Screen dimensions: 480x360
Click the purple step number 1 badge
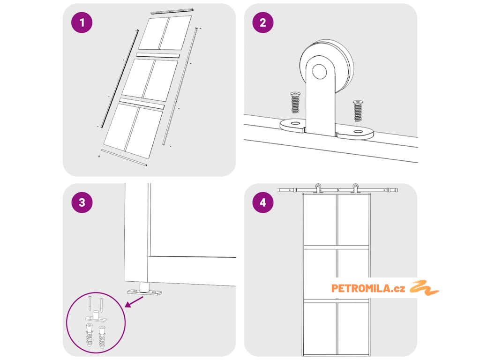pos(82,22)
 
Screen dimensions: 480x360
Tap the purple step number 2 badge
pos(263,22)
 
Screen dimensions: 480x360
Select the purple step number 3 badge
pos(82,202)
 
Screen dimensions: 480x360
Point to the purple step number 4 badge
pos(263,202)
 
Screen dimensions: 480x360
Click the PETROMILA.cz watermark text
pos(368,288)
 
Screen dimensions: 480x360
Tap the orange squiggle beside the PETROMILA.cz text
pos(424,288)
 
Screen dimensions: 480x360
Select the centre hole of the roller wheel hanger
pos(319,71)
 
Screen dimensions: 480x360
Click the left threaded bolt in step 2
pos(295,102)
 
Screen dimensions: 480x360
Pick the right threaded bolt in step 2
pos(358,111)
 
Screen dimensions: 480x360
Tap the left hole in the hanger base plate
pos(295,123)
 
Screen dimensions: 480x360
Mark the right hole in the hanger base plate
pos(358,132)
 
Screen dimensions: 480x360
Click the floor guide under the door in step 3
pos(144,289)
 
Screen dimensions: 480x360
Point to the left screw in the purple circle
pos(90,303)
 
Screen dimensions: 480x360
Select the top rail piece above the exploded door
pos(172,11)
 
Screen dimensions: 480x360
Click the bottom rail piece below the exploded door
pos(124,157)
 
